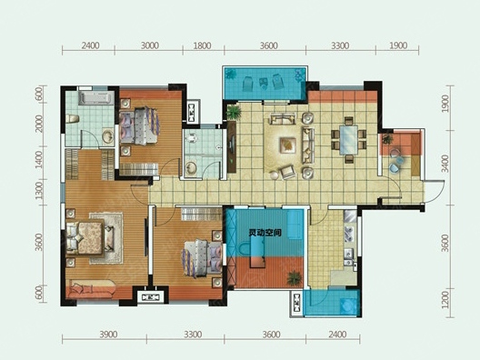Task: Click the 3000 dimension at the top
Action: [x=150, y=45]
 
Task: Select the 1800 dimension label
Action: [x=203, y=45]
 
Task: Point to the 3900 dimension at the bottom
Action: [x=108, y=335]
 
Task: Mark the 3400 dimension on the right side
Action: [x=445, y=164]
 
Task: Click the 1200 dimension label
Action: [x=445, y=300]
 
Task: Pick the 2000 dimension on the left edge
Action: [x=38, y=124]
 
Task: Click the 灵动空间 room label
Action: [x=265, y=233]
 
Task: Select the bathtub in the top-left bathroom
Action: [x=95, y=98]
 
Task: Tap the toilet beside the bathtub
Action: [x=73, y=118]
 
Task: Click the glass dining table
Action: [x=348, y=140]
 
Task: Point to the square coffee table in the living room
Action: [x=288, y=145]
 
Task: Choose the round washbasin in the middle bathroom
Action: [x=191, y=169]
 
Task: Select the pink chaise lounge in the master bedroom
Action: [x=91, y=289]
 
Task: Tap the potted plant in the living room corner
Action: [x=234, y=113]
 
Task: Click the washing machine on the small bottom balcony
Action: [x=348, y=305]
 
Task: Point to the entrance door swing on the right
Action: [x=434, y=192]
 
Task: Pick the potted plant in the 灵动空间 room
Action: [x=294, y=278]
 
